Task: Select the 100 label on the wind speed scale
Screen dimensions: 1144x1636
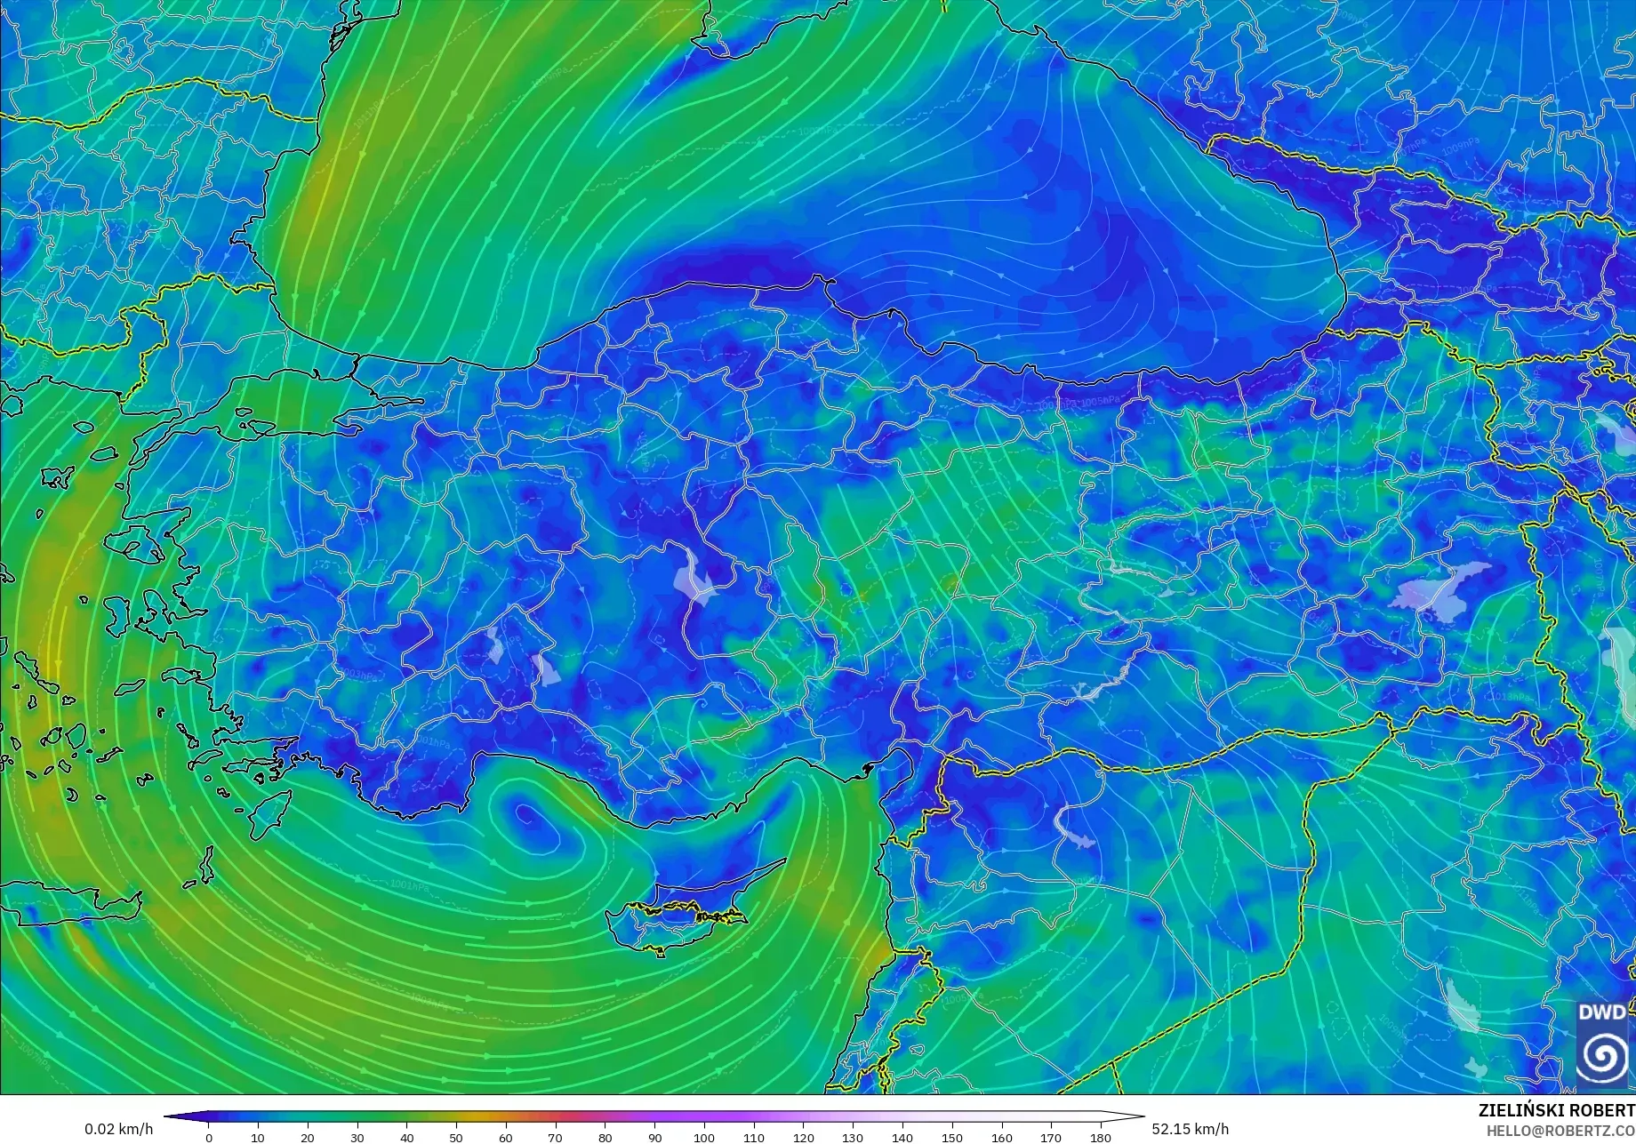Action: (x=704, y=1137)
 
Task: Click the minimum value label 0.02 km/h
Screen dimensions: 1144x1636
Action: (x=119, y=1129)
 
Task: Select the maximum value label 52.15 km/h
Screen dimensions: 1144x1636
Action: (x=1191, y=1129)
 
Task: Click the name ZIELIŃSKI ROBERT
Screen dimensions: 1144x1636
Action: (x=1556, y=1111)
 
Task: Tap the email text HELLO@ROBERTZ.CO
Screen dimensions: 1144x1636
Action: (x=1560, y=1130)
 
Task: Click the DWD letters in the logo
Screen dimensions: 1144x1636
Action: (x=1602, y=1012)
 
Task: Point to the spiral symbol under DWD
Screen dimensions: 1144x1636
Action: (x=1602, y=1055)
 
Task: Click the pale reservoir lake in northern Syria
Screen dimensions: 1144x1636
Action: (x=1072, y=827)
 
